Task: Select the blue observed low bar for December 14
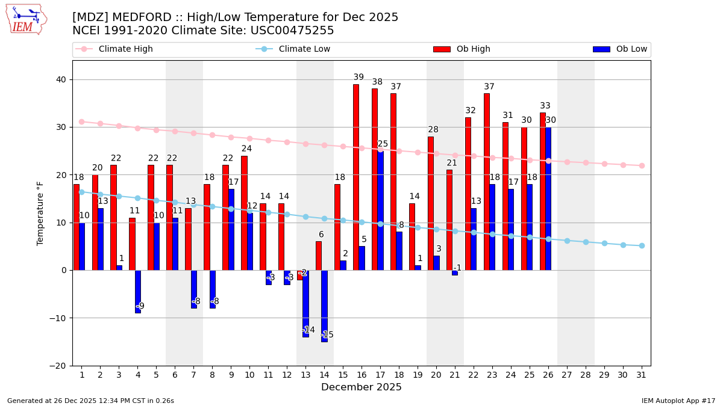coord(324,306)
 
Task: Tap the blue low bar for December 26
coord(548,198)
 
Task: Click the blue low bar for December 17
coord(380,210)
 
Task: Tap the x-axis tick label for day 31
coord(641,374)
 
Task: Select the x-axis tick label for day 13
coord(305,374)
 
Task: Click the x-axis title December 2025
coord(361,387)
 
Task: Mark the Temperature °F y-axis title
coord(40,213)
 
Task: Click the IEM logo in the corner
coord(26,19)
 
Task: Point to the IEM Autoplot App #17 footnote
coord(678,401)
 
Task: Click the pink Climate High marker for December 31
coord(641,165)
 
